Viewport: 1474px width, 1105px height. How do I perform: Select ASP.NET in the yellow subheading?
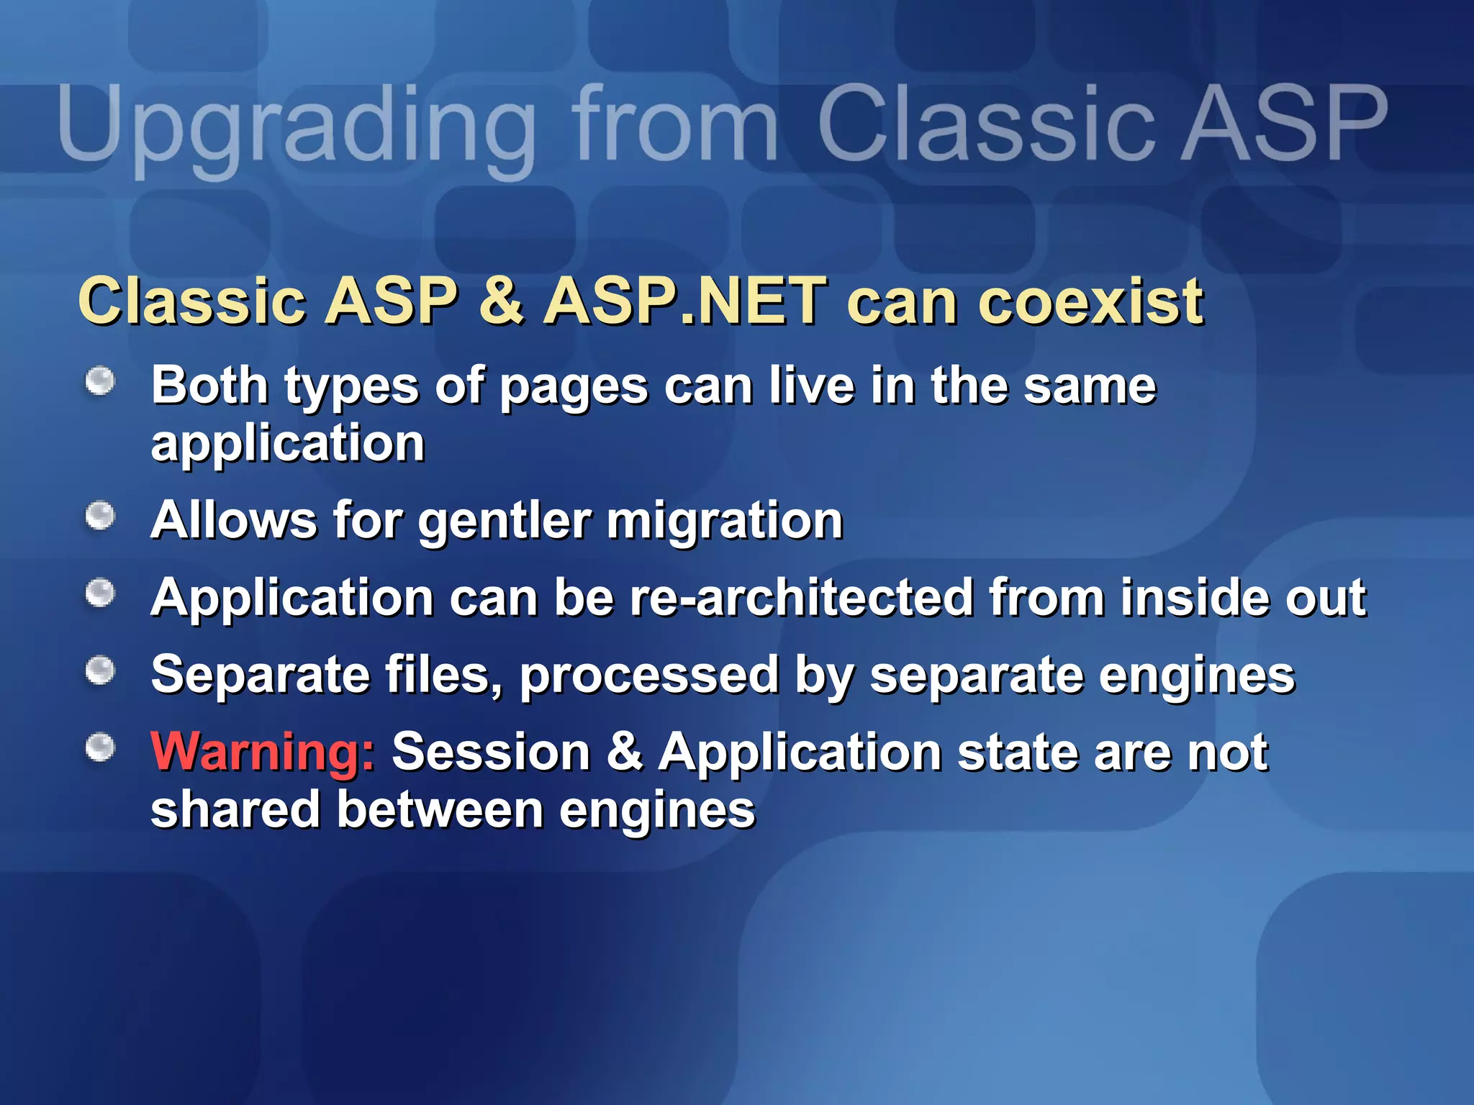click(684, 301)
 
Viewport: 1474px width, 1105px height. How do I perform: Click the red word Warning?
click(263, 752)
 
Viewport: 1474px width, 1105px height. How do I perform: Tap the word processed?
click(648, 676)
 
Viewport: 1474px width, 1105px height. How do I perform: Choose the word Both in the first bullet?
click(209, 386)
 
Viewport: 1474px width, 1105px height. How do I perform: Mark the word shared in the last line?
click(235, 810)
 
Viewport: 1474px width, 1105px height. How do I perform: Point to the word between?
click(440, 810)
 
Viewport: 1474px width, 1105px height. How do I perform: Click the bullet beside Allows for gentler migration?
click(100, 516)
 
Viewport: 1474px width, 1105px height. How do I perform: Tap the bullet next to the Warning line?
click(100, 747)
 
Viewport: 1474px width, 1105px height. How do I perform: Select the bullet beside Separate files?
click(100, 670)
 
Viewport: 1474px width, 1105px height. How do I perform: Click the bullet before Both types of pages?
click(100, 381)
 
